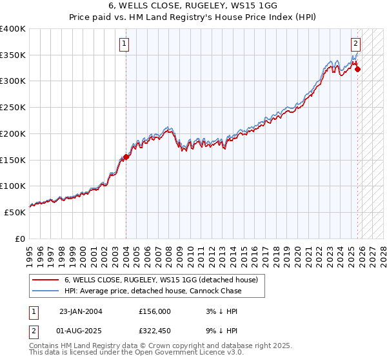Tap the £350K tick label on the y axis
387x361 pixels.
pyautogui.click(x=13, y=55)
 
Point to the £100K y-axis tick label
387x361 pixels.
pyautogui.click(x=13, y=186)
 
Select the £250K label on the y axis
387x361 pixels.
pyautogui.click(x=13, y=108)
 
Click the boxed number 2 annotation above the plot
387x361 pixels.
pyautogui.click(x=355, y=44)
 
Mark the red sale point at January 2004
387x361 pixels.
pyautogui.click(x=126, y=157)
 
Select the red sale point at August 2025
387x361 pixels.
pyautogui.click(x=357, y=70)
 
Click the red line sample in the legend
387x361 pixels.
pyautogui.click(x=46, y=280)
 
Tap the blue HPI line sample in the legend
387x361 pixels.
pyautogui.click(x=46, y=291)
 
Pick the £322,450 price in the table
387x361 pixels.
pyautogui.click(x=155, y=332)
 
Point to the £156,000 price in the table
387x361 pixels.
pyautogui.click(x=155, y=311)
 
